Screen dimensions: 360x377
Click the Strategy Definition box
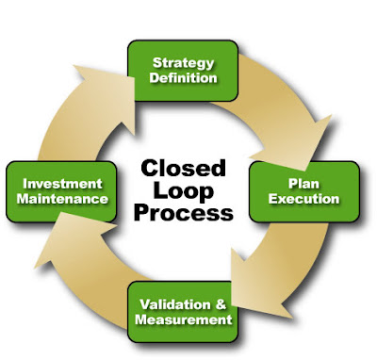[x=183, y=70]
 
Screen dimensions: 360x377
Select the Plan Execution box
[x=304, y=191]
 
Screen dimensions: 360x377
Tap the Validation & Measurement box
[x=184, y=311]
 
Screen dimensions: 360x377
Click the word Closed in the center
[x=184, y=169]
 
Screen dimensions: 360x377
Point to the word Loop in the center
[x=184, y=190]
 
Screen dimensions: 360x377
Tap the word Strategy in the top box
[x=183, y=62]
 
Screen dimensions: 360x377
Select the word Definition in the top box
[x=183, y=77]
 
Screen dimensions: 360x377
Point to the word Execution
[x=304, y=199]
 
